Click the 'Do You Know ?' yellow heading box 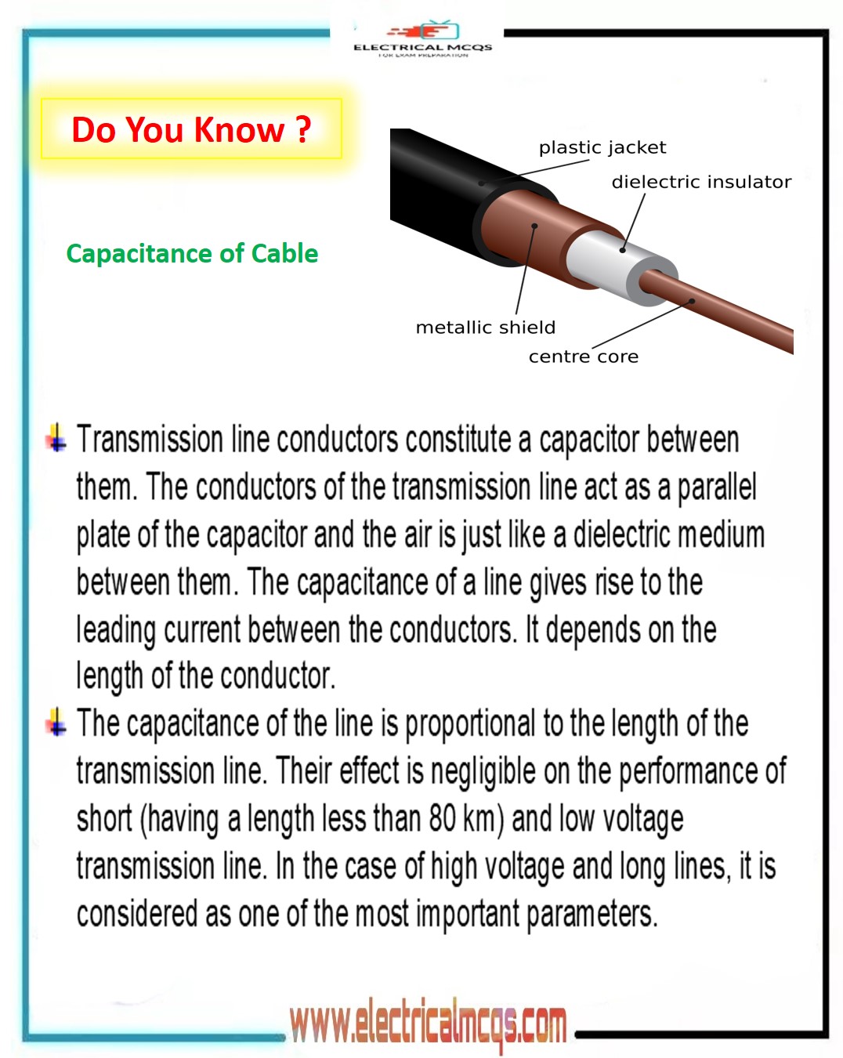pyautogui.click(x=191, y=129)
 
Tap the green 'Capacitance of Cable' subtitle pyautogui.click(x=192, y=254)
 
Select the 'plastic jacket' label pyautogui.click(x=602, y=147)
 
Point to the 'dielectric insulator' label pyautogui.click(x=701, y=182)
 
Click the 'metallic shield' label pyautogui.click(x=485, y=328)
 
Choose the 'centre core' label pyautogui.click(x=583, y=357)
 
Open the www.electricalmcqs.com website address pyautogui.click(x=428, y=1024)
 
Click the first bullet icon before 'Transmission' pyautogui.click(x=56, y=437)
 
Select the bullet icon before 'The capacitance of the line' pyautogui.click(x=56, y=721)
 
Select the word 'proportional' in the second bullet pyautogui.click(x=470, y=724)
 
